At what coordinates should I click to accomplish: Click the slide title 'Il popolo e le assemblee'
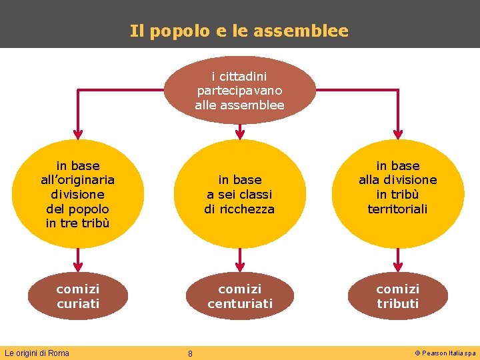click(239, 31)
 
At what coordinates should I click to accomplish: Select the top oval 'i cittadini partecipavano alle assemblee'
click(239, 90)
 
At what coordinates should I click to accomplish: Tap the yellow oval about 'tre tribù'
click(78, 194)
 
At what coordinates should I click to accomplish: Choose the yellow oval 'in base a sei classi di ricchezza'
click(239, 194)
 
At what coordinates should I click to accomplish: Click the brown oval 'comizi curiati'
click(78, 296)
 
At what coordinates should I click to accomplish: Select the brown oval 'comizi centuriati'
click(239, 296)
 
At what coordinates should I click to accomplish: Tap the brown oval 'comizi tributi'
click(398, 296)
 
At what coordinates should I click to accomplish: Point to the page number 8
click(190, 353)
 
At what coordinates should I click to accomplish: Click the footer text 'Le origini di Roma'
click(37, 353)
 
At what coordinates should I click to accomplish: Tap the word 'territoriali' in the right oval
click(398, 209)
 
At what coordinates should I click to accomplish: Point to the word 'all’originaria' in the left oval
click(78, 179)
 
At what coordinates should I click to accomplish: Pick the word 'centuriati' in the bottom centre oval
click(239, 303)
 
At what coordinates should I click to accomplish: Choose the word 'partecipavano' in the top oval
click(239, 90)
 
